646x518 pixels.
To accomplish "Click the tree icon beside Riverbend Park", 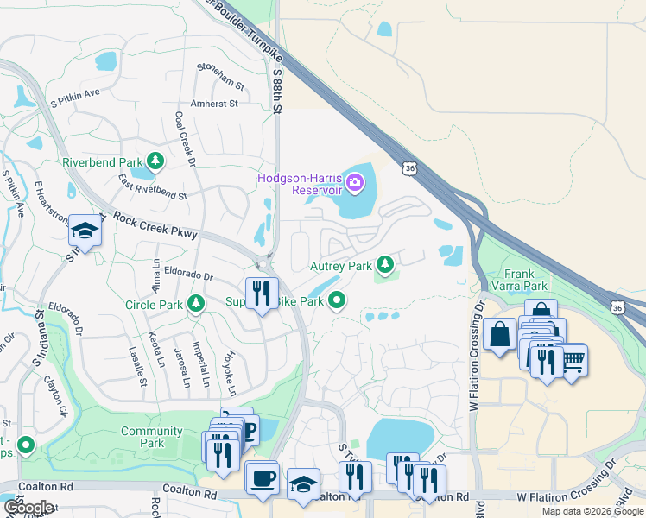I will (155, 161).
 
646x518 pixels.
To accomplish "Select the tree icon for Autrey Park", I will (389, 264).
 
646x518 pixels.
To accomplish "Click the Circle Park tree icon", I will (197, 303).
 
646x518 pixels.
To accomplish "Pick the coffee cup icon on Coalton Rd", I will (261, 477).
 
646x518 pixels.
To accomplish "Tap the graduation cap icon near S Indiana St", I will (84, 231).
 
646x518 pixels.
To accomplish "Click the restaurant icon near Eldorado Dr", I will (260, 293).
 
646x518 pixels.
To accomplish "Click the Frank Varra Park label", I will (519, 279).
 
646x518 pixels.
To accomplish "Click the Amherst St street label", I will (213, 104).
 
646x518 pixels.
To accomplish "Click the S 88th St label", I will (277, 92).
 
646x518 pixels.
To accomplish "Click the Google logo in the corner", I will (28, 508).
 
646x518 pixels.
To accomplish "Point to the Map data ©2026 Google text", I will (592, 511).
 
